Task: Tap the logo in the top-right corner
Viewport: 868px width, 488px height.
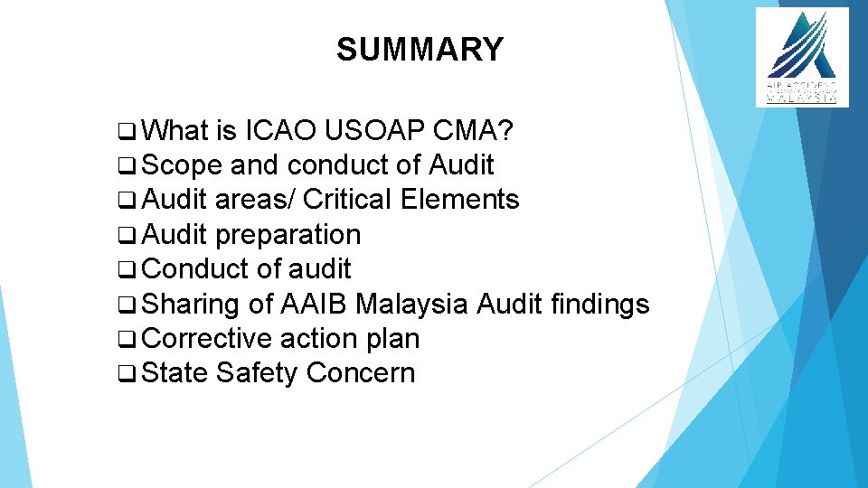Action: point(802,57)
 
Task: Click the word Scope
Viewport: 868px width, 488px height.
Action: point(183,165)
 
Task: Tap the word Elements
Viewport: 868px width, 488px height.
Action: point(460,200)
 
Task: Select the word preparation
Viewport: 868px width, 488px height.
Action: point(288,236)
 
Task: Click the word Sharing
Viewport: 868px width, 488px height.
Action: point(191,305)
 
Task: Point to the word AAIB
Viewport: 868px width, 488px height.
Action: point(314,305)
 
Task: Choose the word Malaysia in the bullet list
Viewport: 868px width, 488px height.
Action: point(411,305)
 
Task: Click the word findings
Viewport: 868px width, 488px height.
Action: point(599,305)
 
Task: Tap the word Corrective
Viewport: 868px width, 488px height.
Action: point(207,339)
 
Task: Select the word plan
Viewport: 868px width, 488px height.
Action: point(392,339)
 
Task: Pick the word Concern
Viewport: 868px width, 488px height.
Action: point(361,373)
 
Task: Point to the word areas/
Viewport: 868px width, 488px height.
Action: point(258,200)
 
